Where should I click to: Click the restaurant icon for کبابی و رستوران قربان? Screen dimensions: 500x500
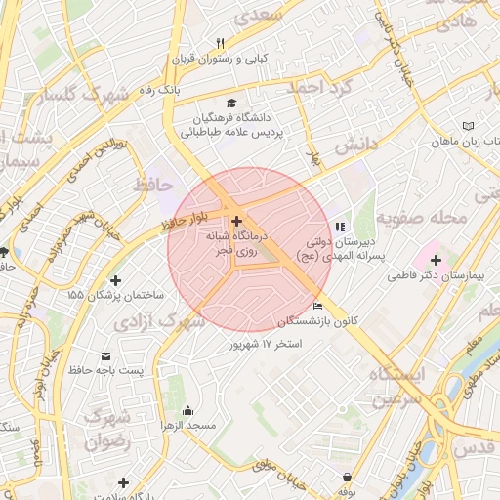click(x=221, y=43)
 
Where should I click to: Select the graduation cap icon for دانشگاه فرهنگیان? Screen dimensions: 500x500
click(x=231, y=104)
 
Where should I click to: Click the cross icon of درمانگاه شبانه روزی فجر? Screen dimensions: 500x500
click(x=236, y=222)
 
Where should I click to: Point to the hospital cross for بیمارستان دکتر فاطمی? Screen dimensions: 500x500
click(x=435, y=261)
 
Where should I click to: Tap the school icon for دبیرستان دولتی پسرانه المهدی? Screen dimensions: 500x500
click(x=340, y=227)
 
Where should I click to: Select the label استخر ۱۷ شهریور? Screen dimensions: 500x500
click(x=266, y=344)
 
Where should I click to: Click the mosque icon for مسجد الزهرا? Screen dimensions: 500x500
click(x=187, y=410)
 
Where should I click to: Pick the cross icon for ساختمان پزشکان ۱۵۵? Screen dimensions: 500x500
click(x=116, y=281)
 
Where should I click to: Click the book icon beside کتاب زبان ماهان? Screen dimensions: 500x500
click(x=468, y=126)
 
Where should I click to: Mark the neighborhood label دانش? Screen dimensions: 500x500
click(x=355, y=146)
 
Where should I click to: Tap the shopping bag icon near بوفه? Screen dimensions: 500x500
click(x=349, y=478)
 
